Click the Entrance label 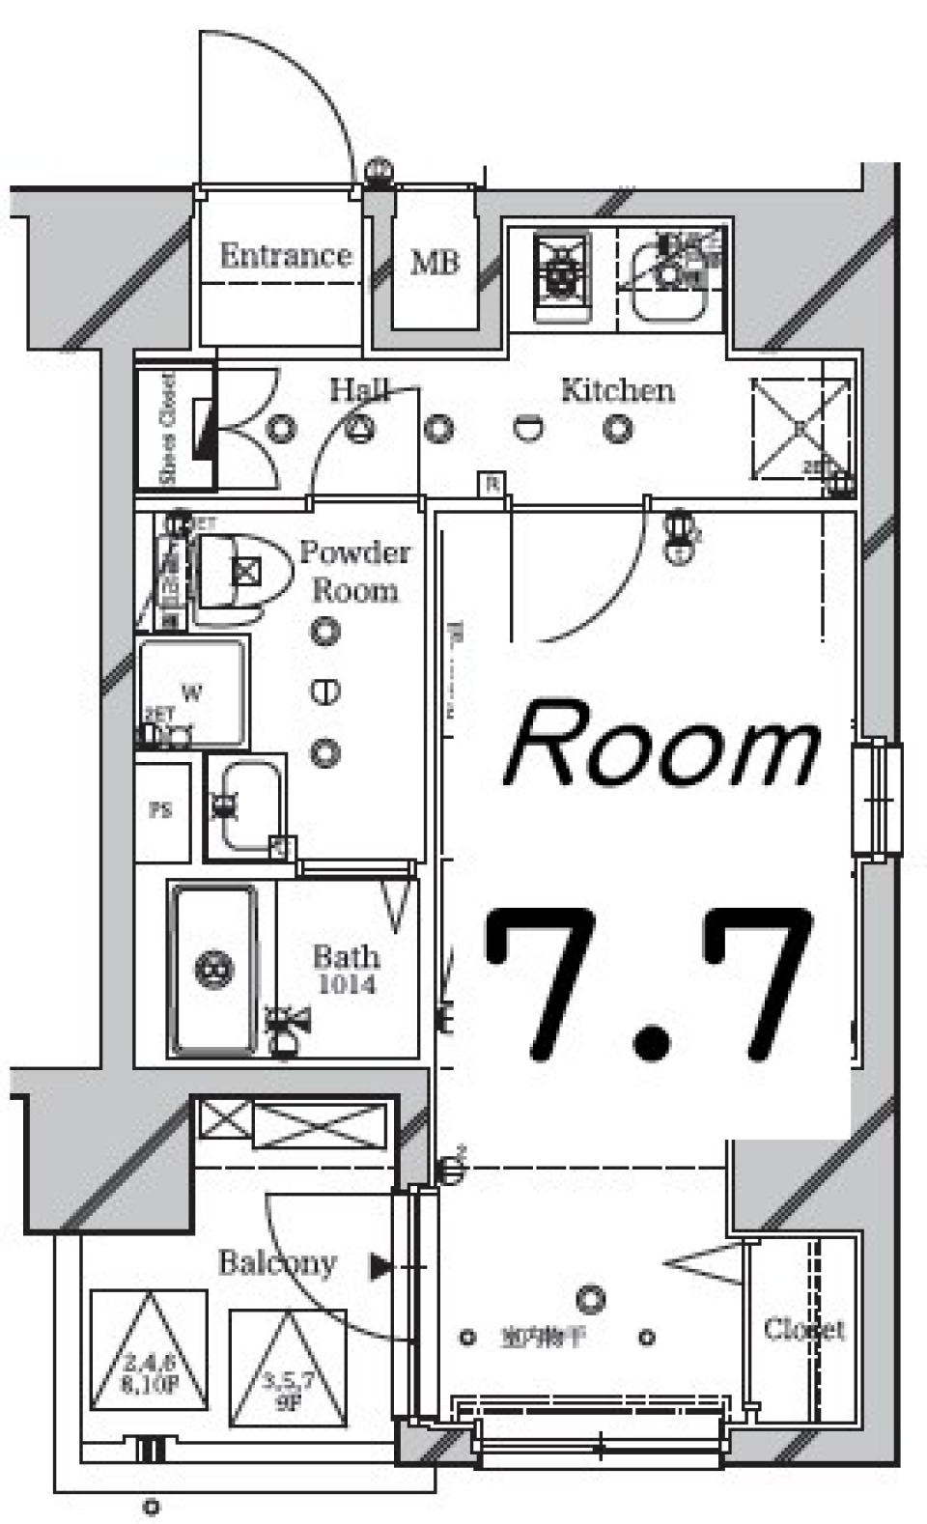[285, 256]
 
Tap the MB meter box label [435, 262]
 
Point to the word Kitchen [617, 390]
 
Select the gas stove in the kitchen [562, 275]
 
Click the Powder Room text [354, 571]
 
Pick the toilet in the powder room [241, 572]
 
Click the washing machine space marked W [191, 692]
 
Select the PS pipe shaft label [161, 811]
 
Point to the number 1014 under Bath [347, 985]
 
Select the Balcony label [277, 1262]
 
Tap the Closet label [803, 1330]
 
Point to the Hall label [359, 389]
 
